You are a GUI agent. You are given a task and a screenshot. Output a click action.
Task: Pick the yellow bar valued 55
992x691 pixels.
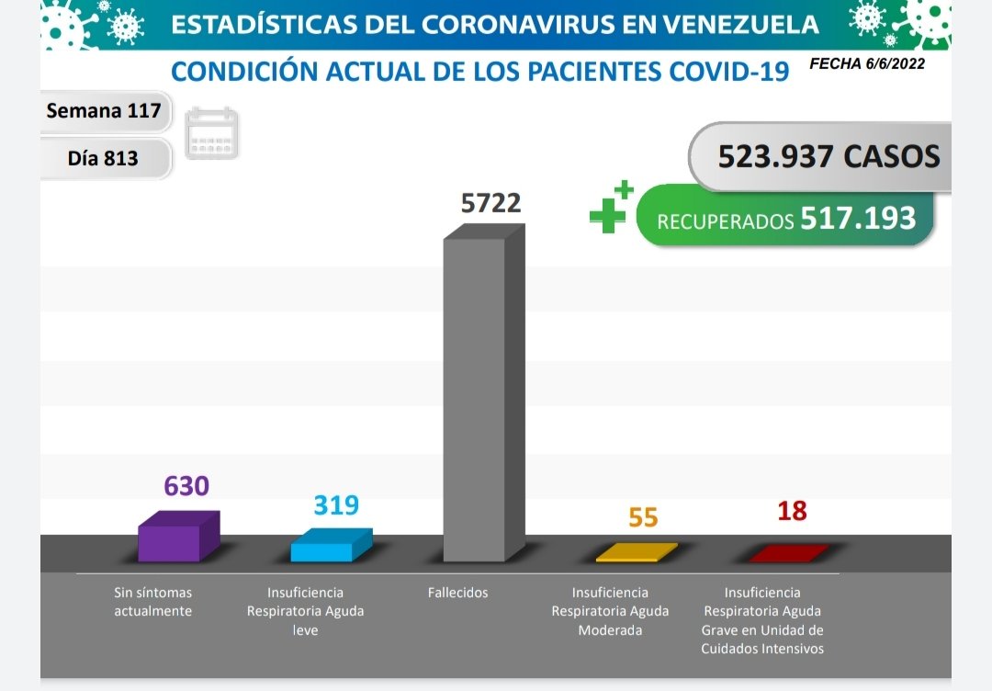coord(636,553)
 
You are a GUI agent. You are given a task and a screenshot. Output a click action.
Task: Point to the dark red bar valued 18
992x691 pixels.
coord(788,553)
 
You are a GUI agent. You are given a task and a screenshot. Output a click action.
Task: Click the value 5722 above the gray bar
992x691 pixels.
coord(490,202)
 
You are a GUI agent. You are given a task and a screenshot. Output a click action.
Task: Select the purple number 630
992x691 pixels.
coord(186,485)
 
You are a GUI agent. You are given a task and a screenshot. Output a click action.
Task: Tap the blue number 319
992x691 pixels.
coord(336,505)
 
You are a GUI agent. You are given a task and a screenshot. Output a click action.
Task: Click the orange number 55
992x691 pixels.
coord(643,517)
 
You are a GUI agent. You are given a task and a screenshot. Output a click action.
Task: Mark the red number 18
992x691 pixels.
coord(792,511)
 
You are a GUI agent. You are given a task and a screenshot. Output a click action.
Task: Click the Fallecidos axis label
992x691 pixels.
coord(457,593)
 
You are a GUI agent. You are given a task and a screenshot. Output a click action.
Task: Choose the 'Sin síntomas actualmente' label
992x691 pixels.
coord(153,602)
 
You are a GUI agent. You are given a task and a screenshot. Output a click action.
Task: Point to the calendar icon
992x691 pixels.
coord(212,134)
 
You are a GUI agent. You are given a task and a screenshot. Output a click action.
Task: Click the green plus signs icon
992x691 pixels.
coord(611,209)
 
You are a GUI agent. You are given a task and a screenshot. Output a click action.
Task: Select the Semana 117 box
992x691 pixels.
coord(104,111)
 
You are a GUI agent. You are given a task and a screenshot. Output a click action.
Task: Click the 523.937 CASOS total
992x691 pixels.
coord(829,156)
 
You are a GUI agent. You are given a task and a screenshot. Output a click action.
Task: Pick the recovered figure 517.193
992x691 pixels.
coord(858,218)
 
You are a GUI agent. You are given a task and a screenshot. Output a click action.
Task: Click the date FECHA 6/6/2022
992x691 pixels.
coord(867,64)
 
